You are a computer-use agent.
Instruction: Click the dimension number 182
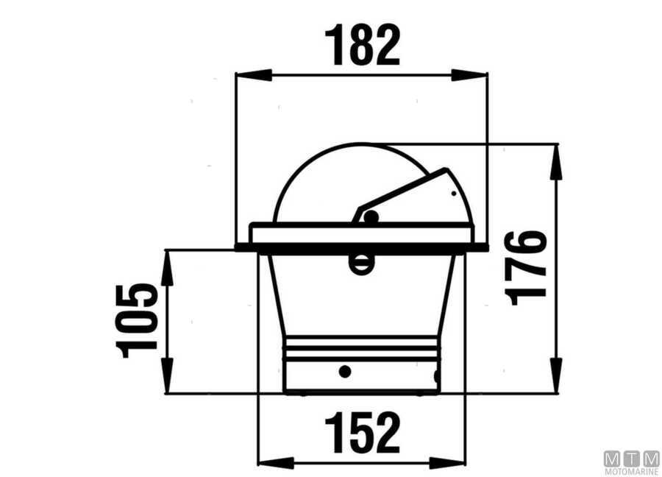362,44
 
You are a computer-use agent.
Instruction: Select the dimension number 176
527,268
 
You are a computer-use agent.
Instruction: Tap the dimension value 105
138,321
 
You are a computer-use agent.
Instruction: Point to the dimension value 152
362,433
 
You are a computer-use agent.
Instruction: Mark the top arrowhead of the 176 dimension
557,160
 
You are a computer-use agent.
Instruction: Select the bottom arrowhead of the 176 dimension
557,376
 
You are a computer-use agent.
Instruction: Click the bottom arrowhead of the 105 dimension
167,376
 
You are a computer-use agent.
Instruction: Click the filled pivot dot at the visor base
371,217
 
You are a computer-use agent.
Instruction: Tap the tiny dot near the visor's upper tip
453,194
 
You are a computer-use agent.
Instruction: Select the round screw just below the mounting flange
361,263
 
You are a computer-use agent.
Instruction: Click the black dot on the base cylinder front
344,371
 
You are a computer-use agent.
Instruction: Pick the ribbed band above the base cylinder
361,348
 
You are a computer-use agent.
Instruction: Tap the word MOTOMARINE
631,471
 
